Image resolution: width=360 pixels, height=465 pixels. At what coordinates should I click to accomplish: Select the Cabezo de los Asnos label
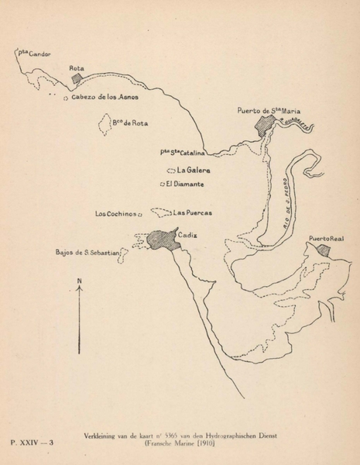[104, 97]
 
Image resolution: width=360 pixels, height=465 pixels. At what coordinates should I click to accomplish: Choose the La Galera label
[194, 169]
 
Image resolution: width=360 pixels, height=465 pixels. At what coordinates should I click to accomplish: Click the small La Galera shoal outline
[170, 170]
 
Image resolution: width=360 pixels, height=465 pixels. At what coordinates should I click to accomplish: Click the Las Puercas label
[193, 212]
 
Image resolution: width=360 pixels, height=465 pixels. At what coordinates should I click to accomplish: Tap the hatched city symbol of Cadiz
[164, 239]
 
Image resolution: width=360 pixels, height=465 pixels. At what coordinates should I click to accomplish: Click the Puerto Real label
[325, 239]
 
